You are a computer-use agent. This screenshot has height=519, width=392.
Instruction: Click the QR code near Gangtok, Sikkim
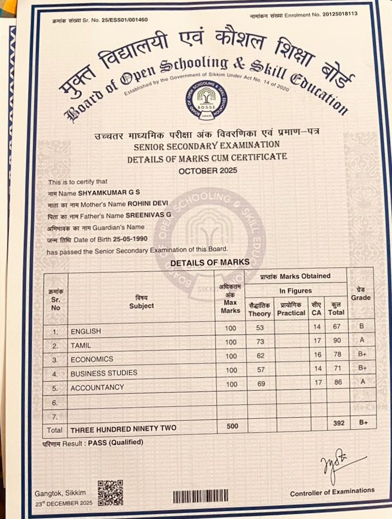click(x=110, y=493)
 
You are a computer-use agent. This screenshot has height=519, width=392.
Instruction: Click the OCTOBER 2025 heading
click(x=207, y=170)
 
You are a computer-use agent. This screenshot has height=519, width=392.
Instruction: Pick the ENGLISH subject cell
click(x=86, y=331)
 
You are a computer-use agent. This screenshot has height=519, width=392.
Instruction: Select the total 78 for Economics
click(x=337, y=356)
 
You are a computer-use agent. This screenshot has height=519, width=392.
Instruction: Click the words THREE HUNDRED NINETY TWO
click(x=123, y=428)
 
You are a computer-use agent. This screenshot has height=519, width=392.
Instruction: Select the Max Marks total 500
click(x=231, y=426)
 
